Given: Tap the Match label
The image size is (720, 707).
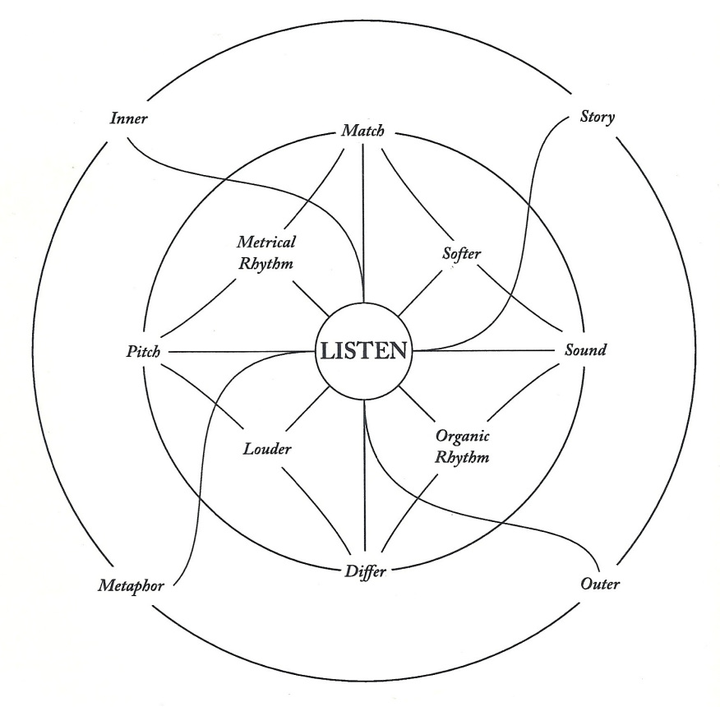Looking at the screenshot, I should coord(362,132).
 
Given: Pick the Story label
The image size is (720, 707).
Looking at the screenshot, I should coord(592,116).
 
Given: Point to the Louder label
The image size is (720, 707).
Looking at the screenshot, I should coord(267,450).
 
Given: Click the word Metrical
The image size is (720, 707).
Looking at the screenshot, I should coord(266,243).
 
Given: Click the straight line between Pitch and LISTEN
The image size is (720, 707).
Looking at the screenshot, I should coord(238,353).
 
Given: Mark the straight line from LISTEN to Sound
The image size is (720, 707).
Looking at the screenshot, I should coord(485,351).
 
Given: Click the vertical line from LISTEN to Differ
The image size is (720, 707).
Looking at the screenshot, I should coord(363,493).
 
